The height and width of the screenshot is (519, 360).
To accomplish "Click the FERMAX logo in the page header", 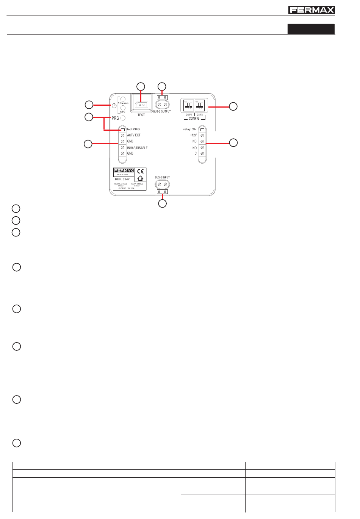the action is [x=311, y=10].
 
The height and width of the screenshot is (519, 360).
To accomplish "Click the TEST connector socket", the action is [x=141, y=105].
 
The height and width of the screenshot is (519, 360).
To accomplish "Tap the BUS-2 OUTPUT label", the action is [x=162, y=111].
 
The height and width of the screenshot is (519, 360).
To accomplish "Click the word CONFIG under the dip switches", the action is [x=194, y=119].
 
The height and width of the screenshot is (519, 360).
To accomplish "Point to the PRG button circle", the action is [x=123, y=118].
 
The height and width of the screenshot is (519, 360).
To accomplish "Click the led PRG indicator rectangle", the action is [x=122, y=129].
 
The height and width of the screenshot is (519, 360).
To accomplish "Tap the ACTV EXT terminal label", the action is [x=134, y=135].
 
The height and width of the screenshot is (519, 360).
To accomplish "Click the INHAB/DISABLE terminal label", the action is [x=137, y=148].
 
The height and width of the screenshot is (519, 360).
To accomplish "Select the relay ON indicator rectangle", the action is [x=202, y=129].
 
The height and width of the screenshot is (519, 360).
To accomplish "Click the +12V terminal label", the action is [x=193, y=135].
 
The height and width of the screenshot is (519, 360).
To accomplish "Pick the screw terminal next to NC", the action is [x=202, y=141].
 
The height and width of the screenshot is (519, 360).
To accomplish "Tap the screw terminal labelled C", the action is [x=202, y=153].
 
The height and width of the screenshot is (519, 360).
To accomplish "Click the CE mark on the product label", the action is [x=140, y=171].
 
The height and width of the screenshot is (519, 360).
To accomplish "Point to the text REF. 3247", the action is [x=122, y=179].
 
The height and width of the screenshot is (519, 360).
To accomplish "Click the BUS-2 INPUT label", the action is [x=162, y=177].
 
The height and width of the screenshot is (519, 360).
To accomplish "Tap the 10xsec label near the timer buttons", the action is [x=123, y=103].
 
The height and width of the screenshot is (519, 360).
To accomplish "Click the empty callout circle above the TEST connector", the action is [x=141, y=86].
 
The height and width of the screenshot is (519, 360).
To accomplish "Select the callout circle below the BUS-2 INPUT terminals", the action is [x=162, y=204].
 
